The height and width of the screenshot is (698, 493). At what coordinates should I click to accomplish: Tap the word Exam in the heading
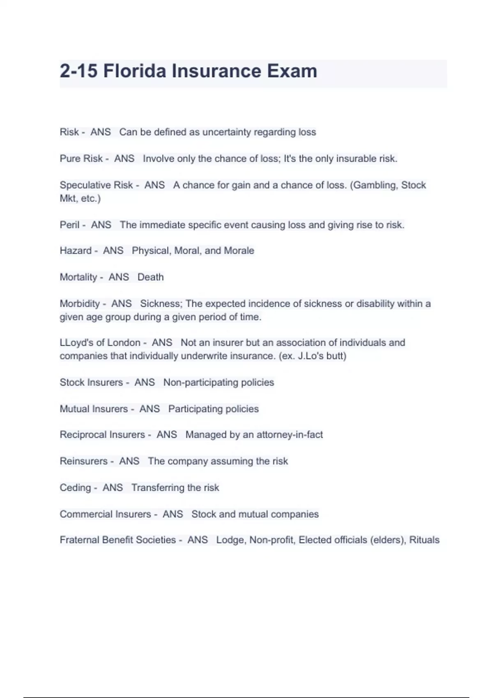292,71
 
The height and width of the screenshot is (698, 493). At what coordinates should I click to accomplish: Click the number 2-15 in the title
78,71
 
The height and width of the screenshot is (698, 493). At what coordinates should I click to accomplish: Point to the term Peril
69,225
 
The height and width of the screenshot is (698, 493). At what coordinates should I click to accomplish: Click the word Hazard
76,250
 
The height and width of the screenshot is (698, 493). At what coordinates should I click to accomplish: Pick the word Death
150,277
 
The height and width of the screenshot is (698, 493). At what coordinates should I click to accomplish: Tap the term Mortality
78,277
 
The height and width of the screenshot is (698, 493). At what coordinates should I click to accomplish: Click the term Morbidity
80,304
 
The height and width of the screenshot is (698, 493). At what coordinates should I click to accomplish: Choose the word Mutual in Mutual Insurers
74,409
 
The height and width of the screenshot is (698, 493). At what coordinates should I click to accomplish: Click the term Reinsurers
83,461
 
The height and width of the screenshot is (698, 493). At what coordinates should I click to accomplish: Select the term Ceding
75,488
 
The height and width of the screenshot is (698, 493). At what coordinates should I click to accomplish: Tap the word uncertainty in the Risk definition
226,132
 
